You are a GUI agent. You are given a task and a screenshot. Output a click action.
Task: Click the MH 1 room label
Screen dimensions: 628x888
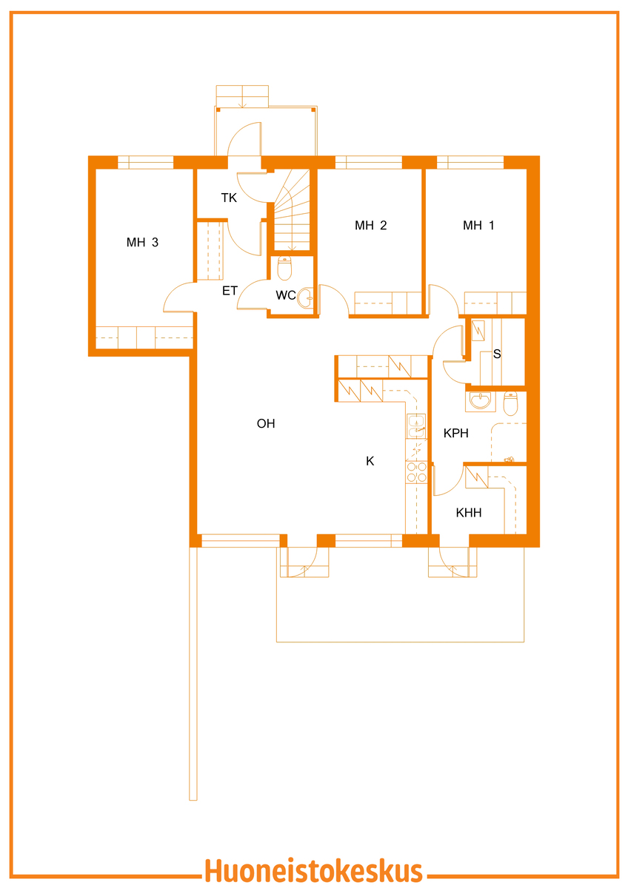(x=478, y=225)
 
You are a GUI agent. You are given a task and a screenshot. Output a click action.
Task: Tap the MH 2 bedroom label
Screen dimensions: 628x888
(x=370, y=225)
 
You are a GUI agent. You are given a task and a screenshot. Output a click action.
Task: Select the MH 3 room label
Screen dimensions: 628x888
(x=142, y=242)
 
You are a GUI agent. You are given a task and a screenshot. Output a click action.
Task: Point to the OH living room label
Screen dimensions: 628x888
(x=266, y=423)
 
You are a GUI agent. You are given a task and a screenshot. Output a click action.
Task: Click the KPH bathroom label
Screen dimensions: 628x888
(x=456, y=433)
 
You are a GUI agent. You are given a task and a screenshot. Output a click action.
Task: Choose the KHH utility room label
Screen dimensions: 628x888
(x=469, y=513)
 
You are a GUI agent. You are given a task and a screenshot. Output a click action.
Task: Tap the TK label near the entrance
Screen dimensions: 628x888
(x=229, y=198)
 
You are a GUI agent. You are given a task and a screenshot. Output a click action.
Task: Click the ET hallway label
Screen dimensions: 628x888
(x=230, y=291)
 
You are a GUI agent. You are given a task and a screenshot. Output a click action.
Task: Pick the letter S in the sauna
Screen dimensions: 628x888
(x=497, y=354)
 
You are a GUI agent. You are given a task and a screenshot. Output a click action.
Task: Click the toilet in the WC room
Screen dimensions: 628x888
(x=284, y=268)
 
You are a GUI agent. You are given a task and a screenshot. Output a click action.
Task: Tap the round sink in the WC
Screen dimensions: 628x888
(x=305, y=297)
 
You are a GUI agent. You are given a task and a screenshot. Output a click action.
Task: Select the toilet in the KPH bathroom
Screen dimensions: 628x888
(x=510, y=403)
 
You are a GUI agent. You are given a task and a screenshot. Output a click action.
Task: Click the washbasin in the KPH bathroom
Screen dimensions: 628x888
(x=480, y=401)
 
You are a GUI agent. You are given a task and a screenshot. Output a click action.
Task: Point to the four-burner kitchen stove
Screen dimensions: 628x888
(x=416, y=472)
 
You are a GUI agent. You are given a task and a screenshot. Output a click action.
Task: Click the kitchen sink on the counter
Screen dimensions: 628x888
(x=416, y=425)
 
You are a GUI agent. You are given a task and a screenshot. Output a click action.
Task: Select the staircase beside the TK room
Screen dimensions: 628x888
(x=291, y=210)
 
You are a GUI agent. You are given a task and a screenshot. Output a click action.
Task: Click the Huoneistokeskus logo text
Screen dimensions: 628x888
(x=313, y=870)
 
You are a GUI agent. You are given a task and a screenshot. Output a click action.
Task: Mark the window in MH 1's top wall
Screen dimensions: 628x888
(x=470, y=162)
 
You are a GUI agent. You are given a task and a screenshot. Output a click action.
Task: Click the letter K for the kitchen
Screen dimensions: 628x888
(x=370, y=461)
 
